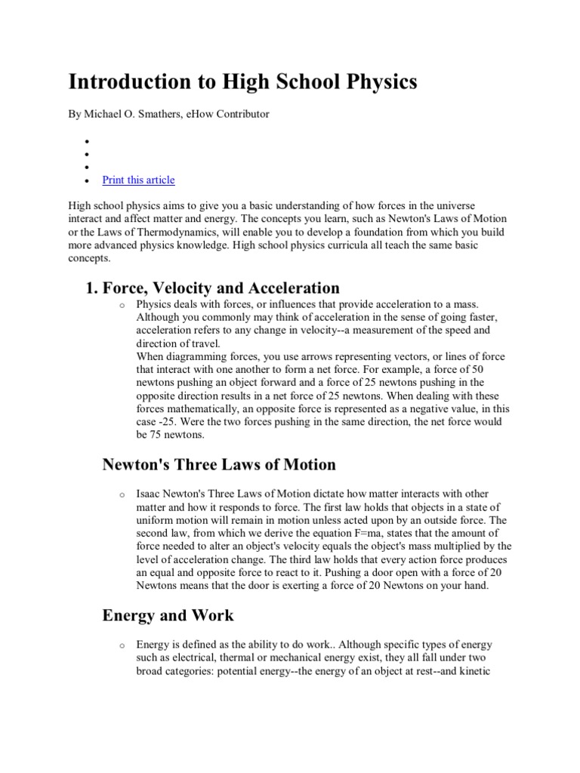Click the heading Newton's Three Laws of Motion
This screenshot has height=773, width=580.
pos(219,464)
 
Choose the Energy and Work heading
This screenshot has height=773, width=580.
pos(168,615)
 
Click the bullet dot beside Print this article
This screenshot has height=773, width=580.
pos(87,181)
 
